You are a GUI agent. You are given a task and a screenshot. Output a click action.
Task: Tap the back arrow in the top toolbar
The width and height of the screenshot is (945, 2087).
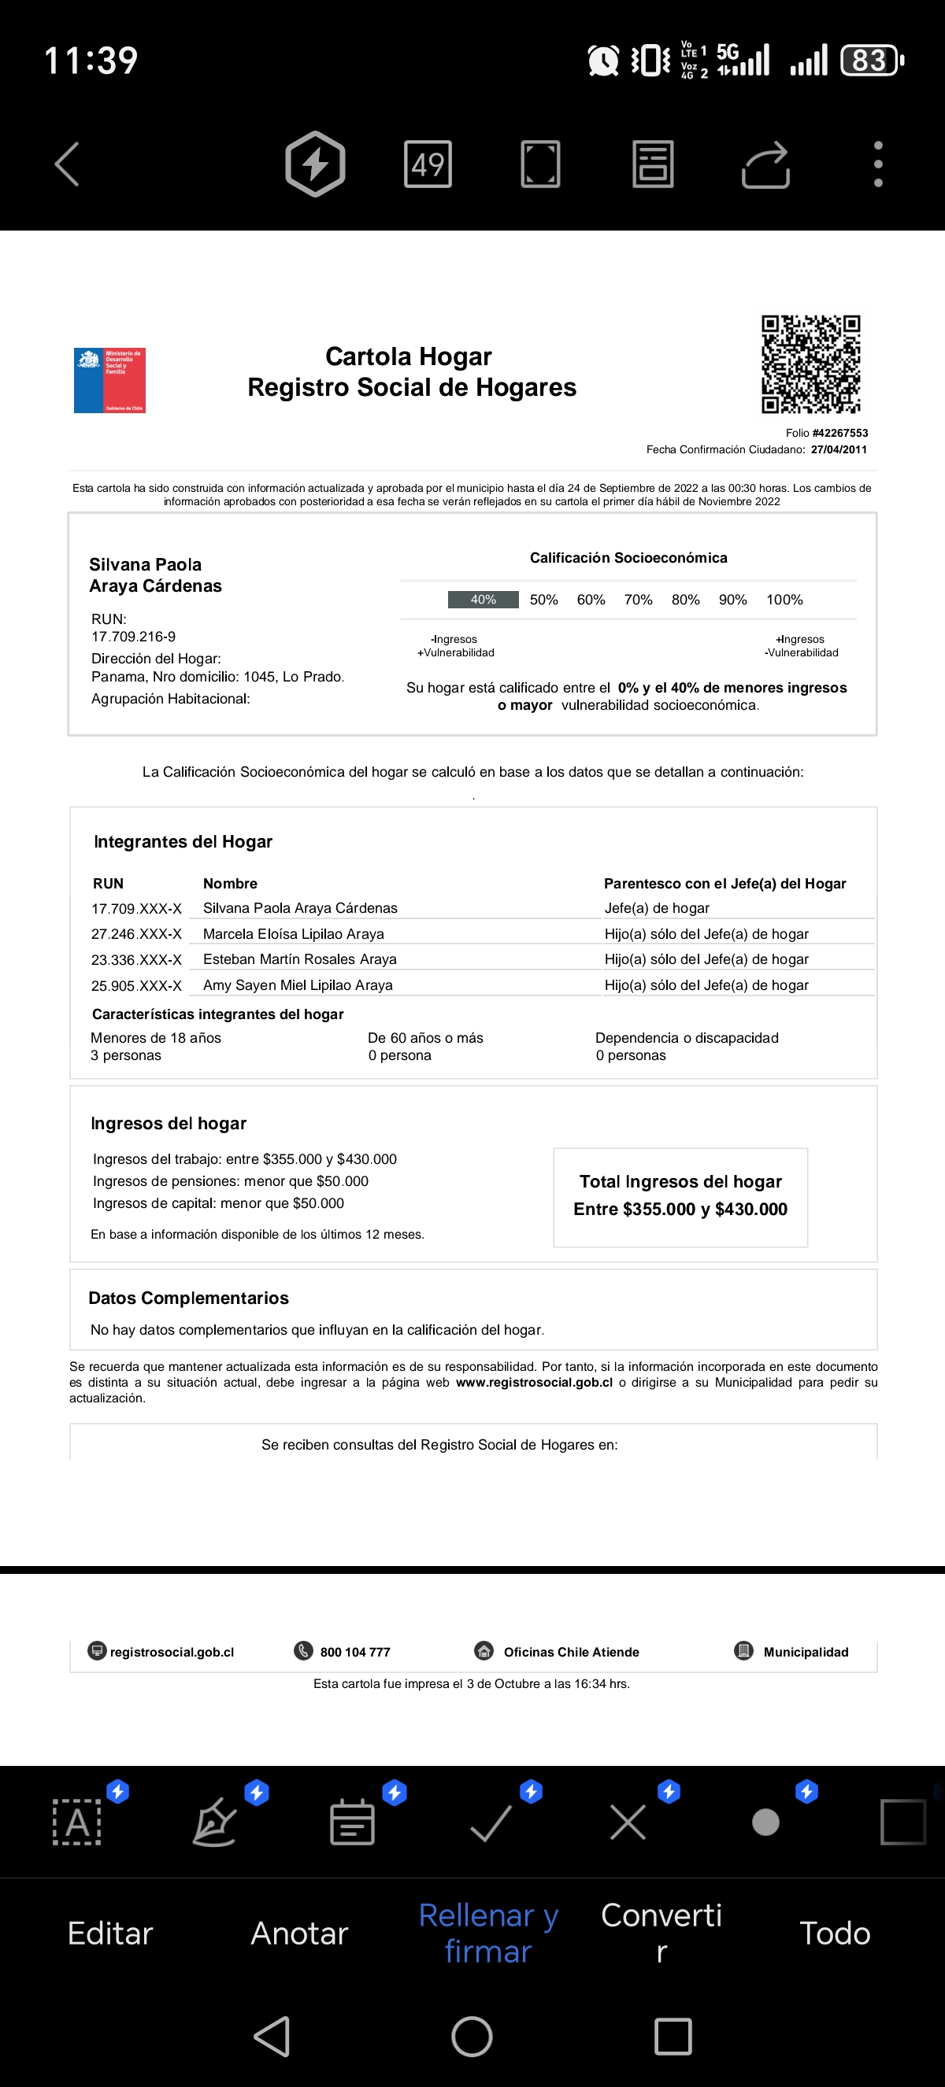[66, 164]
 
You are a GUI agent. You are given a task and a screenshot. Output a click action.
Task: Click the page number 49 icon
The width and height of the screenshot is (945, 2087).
[427, 164]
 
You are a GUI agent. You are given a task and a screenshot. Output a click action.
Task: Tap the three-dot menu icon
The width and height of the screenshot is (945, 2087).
[878, 164]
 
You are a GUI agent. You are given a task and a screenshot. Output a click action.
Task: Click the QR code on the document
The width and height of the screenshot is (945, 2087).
[810, 364]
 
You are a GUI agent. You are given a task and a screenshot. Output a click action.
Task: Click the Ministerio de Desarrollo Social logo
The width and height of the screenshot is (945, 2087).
[109, 380]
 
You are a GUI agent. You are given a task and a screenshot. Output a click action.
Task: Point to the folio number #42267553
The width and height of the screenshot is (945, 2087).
[839, 434]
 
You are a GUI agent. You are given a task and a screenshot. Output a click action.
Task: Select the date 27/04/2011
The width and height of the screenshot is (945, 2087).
[839, 449]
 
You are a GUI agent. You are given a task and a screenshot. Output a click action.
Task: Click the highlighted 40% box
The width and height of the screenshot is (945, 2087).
[483, 600]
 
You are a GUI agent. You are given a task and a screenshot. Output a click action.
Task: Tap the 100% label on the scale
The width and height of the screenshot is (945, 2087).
[784, 600]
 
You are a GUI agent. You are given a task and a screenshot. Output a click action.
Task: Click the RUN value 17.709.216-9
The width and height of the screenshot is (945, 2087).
[134, 637]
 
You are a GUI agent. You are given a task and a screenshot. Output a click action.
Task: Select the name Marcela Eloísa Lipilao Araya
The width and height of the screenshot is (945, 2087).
[294, 934]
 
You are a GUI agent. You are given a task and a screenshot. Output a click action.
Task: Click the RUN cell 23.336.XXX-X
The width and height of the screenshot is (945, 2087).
[136, 960]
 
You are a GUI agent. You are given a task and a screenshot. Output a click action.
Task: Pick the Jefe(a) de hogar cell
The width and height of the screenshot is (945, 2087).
[657, 908]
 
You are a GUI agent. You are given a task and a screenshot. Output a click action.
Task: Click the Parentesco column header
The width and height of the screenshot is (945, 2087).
[724, 884]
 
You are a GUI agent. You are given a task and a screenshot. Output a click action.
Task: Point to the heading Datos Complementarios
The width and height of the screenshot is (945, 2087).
[188, 1298]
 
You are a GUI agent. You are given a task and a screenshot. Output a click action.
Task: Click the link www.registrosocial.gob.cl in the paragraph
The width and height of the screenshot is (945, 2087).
[534, 1382]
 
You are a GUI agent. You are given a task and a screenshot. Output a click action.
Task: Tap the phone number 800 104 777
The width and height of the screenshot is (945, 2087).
[355, 1652]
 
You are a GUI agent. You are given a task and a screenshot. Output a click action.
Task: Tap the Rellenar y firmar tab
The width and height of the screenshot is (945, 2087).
[488, 1933]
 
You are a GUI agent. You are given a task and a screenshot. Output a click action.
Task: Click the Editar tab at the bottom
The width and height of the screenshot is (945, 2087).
[110, 1933]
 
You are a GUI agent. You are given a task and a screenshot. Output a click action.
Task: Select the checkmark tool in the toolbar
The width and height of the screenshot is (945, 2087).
[491, 1823]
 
